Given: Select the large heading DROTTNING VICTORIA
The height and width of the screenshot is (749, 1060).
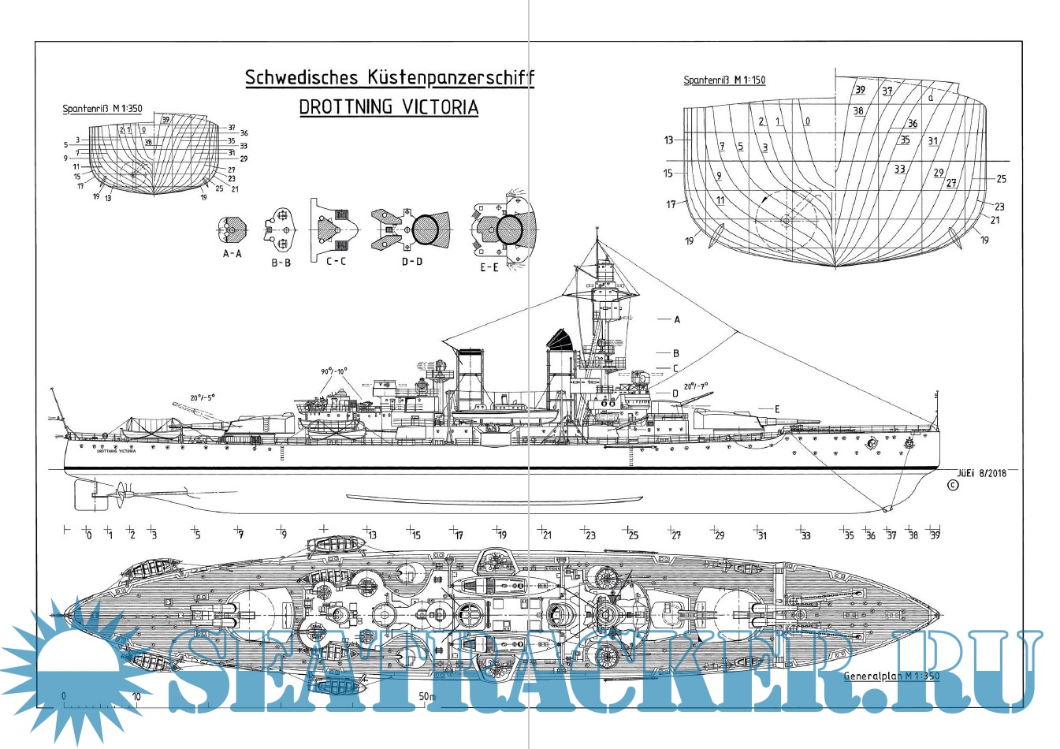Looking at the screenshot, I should (389, 107).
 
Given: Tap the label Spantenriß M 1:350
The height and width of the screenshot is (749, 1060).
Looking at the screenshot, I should (102, 110).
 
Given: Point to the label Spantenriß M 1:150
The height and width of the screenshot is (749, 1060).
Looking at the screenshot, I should (724, 80).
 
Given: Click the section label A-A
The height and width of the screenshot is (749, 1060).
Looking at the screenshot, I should (232, 254).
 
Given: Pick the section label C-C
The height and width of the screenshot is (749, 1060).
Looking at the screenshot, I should (336, 261).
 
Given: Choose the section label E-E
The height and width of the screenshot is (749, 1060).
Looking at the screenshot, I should (489, 267).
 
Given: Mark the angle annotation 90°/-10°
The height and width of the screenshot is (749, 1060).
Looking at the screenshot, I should (333, 371).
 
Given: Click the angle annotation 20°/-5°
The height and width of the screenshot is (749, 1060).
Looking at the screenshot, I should (202, 397).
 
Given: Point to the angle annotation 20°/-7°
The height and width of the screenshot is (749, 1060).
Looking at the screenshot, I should (695, 386).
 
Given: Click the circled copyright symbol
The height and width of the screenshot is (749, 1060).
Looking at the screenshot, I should (952, 486).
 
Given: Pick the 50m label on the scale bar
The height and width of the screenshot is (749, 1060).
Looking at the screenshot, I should (426, 697).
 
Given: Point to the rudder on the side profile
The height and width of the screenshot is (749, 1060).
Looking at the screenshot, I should (85, 495).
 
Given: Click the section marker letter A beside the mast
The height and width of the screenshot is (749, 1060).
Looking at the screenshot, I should (677, 320).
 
